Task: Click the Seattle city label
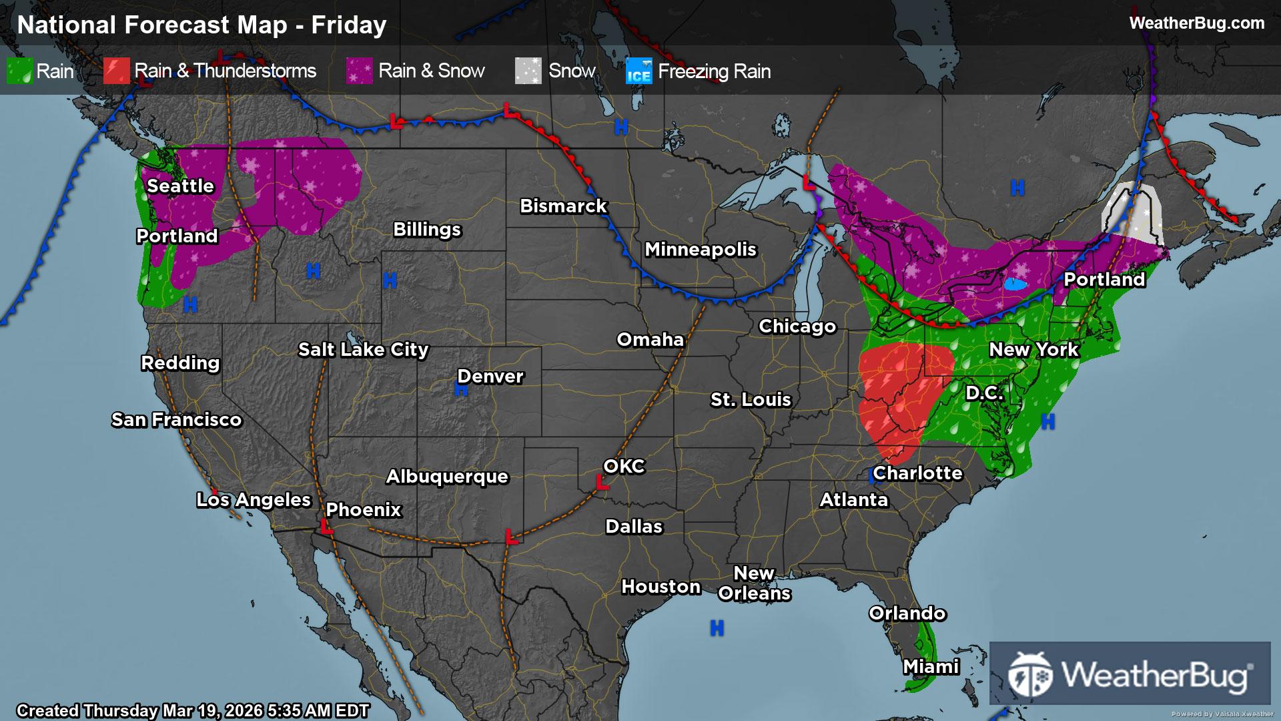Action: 180,186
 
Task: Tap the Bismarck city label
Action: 563,206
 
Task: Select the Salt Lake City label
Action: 363,349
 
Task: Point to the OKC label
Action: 624,466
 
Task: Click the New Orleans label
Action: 754,583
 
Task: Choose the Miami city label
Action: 931,666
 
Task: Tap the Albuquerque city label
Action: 447,476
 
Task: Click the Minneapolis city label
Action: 701,249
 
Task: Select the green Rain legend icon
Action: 19,71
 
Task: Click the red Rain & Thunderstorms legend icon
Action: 116,71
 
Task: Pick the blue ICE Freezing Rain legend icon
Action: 638,71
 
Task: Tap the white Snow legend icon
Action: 528,71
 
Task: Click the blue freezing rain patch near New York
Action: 1015,284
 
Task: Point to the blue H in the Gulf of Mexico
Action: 717,628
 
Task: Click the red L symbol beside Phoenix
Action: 326,527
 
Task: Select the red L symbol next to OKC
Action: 602,482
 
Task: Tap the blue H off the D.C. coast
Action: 1048,421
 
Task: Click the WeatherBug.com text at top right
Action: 1196,23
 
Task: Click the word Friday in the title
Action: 349,25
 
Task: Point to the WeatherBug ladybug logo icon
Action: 1030,674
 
